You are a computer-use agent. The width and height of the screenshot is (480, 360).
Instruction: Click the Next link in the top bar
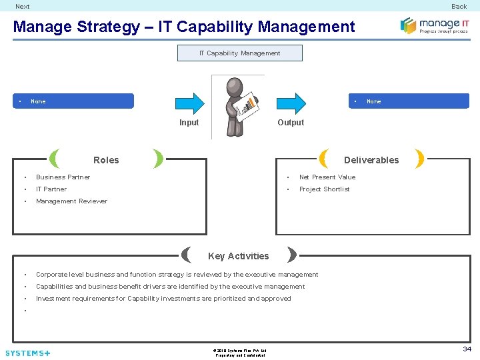(23, 7)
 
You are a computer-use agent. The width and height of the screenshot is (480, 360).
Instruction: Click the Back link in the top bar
(459, 7)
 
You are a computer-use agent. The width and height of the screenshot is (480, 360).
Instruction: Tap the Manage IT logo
(434, 26)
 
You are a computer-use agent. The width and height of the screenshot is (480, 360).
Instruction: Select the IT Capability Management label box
(239, 53)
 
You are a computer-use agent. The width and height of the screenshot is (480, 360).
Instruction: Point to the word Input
(189, 123)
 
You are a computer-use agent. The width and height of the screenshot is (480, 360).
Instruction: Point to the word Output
(291, 123)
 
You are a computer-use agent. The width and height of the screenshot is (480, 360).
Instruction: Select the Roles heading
(106, 160)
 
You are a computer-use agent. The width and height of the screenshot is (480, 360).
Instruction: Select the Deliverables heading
(371, 160)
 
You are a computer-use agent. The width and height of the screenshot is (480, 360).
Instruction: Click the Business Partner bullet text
(63, 177)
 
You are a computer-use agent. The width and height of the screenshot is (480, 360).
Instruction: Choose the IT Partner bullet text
(51, 189)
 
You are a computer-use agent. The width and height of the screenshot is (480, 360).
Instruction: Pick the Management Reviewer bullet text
(71, 201)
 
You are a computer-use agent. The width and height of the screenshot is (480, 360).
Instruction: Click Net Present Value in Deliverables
(327, 177)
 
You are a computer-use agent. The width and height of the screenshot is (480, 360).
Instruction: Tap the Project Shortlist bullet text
(324, 189)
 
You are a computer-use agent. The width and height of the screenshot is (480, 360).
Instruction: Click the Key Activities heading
(238, 256)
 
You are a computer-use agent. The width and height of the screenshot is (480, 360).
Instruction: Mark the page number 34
(467, 349)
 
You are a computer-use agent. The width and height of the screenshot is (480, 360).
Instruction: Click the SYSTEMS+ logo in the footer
(27, 353)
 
